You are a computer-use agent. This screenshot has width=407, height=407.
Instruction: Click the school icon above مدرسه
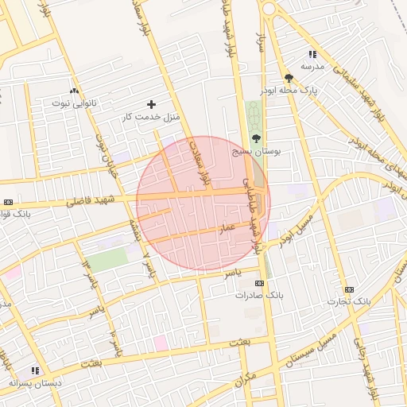[x=312, y=55]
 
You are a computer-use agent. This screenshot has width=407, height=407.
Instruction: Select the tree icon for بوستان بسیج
[x=255, y=138]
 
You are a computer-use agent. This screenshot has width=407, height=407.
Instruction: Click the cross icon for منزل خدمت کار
[x=152, y=104]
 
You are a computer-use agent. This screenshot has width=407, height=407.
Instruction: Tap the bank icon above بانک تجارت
[x=349, y=289]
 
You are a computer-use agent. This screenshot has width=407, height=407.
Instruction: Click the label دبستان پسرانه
[x=34, y=382]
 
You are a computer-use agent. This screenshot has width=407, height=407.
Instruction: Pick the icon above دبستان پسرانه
[x=34, y=370]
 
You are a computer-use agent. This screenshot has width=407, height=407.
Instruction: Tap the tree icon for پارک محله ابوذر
[x=288, y=78]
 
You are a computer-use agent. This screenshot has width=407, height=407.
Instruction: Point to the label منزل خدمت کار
[x=152, y=117]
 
